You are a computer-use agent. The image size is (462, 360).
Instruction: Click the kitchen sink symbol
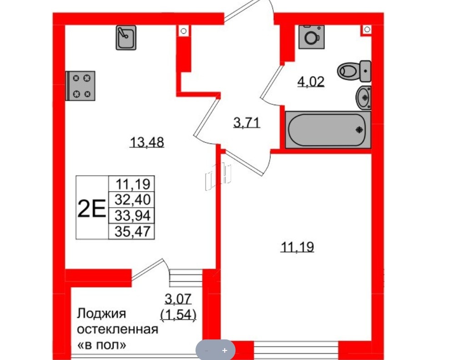pyautogui.click(x=126, y=38)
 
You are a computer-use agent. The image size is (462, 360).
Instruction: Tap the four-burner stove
pyautogui.click(x=81, y=86)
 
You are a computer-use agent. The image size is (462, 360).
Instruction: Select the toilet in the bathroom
pyautogui.click(x=354, y=71)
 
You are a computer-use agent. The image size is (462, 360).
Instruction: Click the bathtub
pyautogui.click(x=328, y=130)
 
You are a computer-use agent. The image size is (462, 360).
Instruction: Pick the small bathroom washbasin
pyautogui.click(x=363, y=97)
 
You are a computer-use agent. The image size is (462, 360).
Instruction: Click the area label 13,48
pyautogui.click(x=146, y=143)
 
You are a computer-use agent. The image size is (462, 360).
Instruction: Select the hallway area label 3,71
pyautogui.click(x=246, y=123)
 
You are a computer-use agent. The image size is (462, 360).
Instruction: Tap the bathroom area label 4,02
pyautogui.click(x=311, y=82)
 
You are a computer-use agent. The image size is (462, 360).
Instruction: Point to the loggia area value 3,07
pyautogui.click(x=178, y=299)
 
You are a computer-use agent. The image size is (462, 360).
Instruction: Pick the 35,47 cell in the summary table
pyautogui.click(x=132, y=231)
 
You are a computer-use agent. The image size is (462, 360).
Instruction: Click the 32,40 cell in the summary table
pyautogui.click(x=132, y=200)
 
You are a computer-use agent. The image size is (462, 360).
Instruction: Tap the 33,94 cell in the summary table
pyautogui.click(x=132, y=215)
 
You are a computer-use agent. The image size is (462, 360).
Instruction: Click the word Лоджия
pyautogui.click(x=101, y=314)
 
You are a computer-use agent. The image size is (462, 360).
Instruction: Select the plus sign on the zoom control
pyautogui.click(x=224, y=350)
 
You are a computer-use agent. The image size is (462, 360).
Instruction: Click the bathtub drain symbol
pyautogui.click(x=359, y=130)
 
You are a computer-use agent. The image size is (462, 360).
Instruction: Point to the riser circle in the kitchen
pyautogui.click(x=183, y=31)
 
